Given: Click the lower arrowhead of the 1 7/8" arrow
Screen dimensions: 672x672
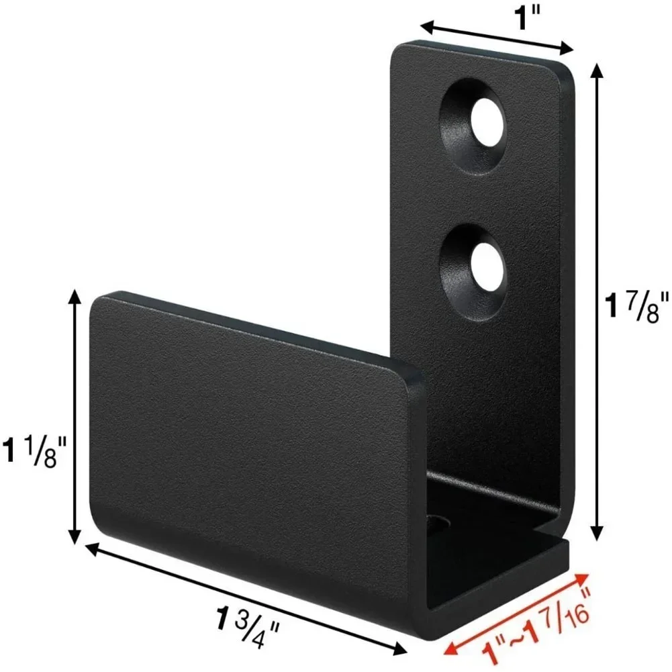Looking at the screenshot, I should (595, 534).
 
